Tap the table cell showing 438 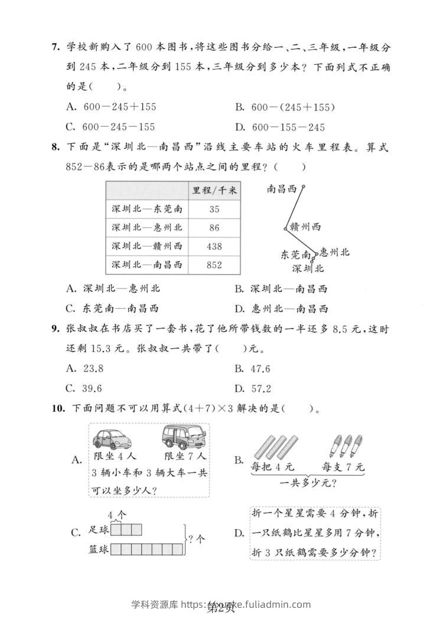(x=214, y=246)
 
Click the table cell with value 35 (x=214, y=209)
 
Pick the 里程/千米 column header (x=214, y=190)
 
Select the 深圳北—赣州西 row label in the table (x=146, y=246)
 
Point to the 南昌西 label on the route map (x=282, y=189)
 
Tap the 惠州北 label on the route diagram (x=334, y=252)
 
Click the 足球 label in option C (x=99, y=530)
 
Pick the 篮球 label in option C (x=99, y=549)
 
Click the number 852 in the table (x=214, y=265)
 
